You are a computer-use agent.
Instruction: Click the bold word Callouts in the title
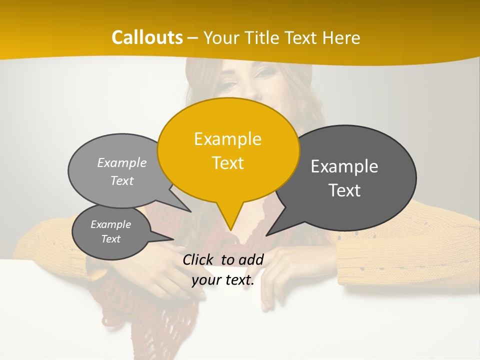(147, 37)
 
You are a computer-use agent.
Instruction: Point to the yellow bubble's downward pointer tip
(230, 229)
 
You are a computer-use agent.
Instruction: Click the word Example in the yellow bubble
(228, 138)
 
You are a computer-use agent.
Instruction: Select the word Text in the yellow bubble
(228, 163)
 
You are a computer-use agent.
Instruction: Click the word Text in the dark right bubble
(344, 190)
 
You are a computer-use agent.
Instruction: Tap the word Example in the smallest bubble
(111, 224)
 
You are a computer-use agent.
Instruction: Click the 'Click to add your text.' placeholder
(223, 269)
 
